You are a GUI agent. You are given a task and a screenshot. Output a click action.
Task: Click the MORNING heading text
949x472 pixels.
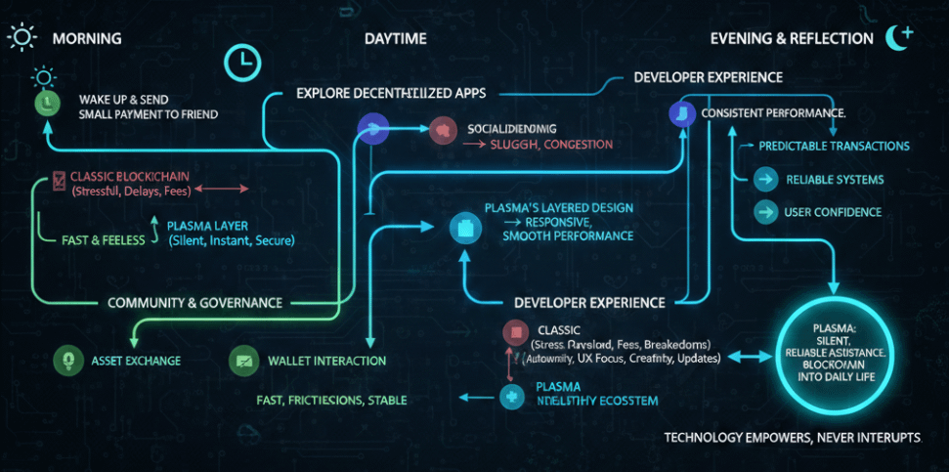click(x=86, y=38)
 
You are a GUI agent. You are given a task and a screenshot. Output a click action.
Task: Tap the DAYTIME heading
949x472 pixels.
click(x=395, y=38)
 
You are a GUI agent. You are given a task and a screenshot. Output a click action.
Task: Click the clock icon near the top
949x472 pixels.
click(x=240, y=62)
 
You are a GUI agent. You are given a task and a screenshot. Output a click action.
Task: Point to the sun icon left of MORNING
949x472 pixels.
click(x=21, y=37)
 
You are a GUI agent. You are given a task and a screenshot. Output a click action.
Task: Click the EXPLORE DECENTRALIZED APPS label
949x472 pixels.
click(x=391, y=94)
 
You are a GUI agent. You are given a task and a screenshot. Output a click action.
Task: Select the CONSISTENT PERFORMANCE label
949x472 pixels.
click(x=773, y=113)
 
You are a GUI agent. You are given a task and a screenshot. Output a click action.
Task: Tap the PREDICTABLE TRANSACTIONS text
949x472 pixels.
click(x=834, y=146)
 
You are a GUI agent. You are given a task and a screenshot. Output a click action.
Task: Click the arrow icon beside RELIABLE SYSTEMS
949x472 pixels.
click(x=766, y=180)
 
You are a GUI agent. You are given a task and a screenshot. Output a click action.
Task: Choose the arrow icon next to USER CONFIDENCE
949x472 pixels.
click(x=766, y=212)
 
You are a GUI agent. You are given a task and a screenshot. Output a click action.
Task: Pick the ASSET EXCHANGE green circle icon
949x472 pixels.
click(x=66, y=361)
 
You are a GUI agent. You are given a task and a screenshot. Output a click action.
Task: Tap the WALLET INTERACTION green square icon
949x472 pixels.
click(x=242, y=361)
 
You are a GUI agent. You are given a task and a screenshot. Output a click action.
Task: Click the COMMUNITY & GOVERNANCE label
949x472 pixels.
click(x=195, y=303)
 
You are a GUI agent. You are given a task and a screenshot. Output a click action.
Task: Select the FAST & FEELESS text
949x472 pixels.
click(x=96, y=239)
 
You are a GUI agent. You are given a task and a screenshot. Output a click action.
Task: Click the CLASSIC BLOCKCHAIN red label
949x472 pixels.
click(x=128, y=176)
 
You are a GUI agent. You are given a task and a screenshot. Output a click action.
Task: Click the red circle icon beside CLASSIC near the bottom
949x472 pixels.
click(x=515, y=332)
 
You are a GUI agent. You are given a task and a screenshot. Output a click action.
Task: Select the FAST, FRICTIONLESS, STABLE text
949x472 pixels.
click(x=331, y=400)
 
